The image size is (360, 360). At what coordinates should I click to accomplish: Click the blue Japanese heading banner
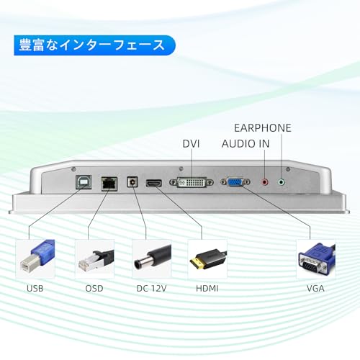pyautogui.click(x=94, y=45)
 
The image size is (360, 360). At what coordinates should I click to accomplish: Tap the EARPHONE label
pyautogui.click(x=263, y=128)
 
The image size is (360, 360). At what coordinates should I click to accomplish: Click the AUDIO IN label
pyautogui.click(x=246, y=143)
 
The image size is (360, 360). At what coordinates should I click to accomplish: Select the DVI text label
pyautogui.click(x=191, y=143)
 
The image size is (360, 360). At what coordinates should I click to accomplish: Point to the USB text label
pyautogui.click(x=35, y=288)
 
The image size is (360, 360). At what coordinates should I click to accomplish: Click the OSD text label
pyautogui.click(x=94, y=288)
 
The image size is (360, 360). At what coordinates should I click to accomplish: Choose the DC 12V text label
pyautogui.click(x=151, y=288)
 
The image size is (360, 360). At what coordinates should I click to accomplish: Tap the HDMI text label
pyautogui.click(x=207, y=288)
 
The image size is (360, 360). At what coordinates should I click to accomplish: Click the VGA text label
pyautogui.click(x=315, y=288)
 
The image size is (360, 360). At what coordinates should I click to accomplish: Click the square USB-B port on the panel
pyautogui.click(x=84, y=182)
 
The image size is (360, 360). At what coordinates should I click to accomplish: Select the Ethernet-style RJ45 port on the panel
pyautogui.click(x=109, y=184)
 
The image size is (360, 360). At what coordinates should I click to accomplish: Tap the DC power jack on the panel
pyautogui.click(x=132, y=182)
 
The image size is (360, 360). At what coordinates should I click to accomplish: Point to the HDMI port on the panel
pyautogui.click(x=154, y=183)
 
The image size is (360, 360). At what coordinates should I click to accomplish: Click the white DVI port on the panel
pyautogui.click(x=192, y=182)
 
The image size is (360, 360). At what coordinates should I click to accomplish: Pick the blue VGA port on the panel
pyautogui.click(x=235, y=182)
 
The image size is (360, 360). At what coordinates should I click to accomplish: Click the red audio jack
pyautogui.click(x=265, y=182)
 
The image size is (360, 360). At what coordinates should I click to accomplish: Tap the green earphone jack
pyautogui.click(x=282, y=182)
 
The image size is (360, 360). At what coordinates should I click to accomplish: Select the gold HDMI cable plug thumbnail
pyautogui.click(x=207, y=259)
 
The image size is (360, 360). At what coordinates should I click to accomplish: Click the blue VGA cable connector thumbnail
pyautogui.click(x=316, y=259)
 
